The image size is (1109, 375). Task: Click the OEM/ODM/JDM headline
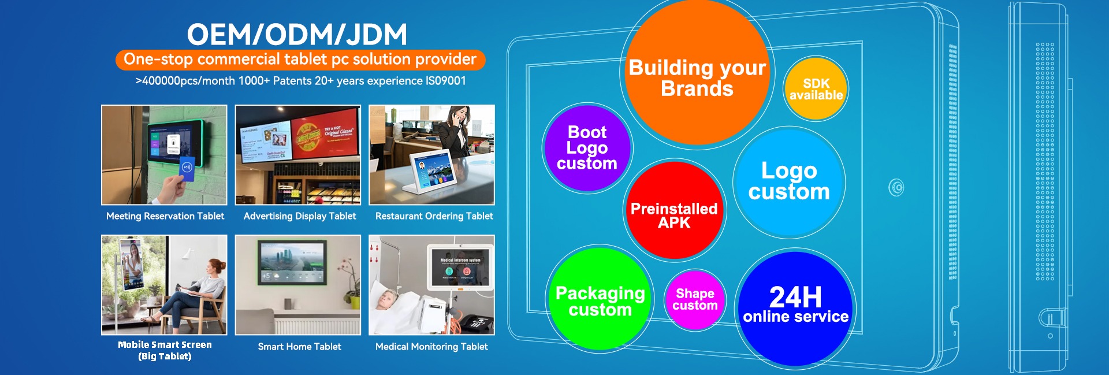(x=297, y=35)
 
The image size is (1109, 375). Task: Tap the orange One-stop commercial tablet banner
(x=300, y=60)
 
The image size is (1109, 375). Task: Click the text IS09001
(x=445, y=81)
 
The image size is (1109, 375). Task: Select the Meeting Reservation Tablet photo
(x=164, y=154)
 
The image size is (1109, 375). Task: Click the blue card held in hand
(x=186, y=169)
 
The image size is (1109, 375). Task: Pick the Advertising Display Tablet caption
(x=300, y=216)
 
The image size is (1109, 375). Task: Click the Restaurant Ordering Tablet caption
(x=434, y=216)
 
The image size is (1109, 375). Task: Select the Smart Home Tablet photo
(x=298, y=284)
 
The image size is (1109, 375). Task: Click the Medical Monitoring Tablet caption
(x=431, y=347)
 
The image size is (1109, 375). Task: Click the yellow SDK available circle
(x=816, y=89)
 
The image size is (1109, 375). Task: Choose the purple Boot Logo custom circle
(x=587, y=148)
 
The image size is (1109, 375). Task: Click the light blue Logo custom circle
(x=789, y=181)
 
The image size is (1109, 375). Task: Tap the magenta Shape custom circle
(x=695, y=299)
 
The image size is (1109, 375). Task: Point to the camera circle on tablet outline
(x=896, y=188)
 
